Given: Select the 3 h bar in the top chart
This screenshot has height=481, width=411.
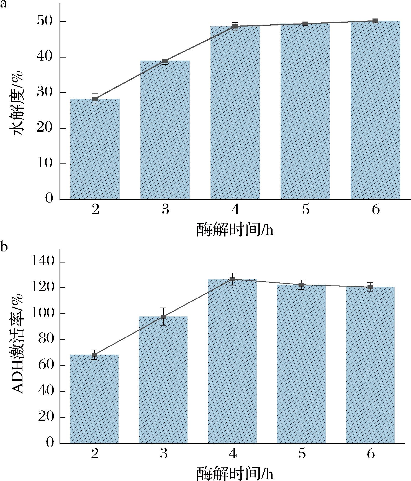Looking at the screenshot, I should (165, 130).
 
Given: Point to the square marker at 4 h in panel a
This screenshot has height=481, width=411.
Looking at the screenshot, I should (235, 27).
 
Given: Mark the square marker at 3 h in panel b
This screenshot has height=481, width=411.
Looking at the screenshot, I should (163, 317).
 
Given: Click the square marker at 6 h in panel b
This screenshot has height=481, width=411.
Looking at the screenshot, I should (370, 287).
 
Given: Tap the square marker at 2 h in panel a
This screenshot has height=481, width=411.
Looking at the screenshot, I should (95, 99).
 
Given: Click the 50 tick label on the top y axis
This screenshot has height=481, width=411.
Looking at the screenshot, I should (45, 21).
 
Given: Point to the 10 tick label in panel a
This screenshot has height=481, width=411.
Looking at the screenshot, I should (45, 163).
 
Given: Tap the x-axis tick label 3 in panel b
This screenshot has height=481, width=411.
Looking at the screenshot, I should (164, 454).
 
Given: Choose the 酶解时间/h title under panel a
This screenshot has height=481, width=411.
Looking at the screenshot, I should (235, 229).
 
